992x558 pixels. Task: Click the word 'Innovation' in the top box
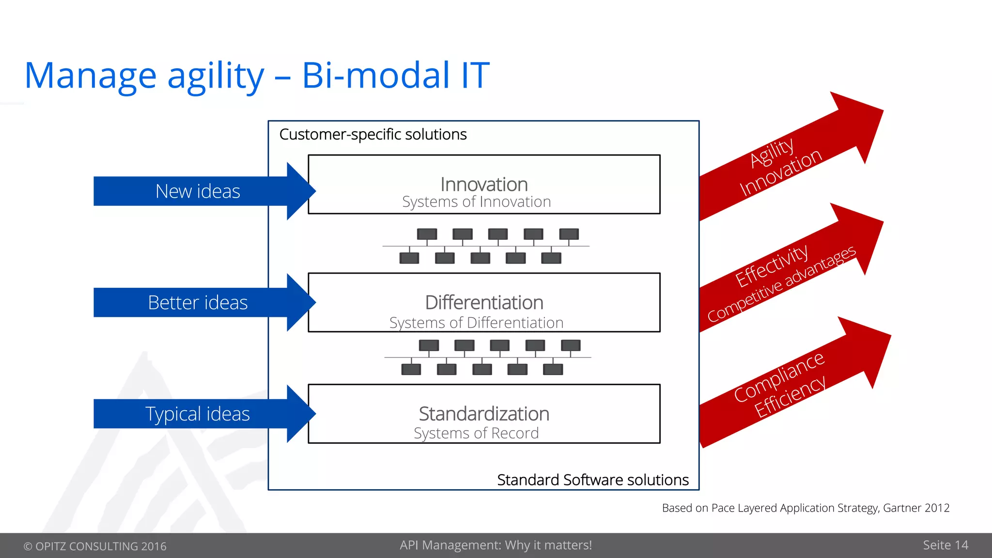[x=484, y=185]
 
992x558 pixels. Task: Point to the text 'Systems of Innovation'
[x=476, y=202]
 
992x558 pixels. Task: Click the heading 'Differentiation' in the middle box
[x=484, y=303]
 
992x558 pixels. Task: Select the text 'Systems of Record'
[x=476, y=433]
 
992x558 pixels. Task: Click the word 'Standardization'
[x=484, y=414]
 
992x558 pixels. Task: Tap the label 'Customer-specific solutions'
[x=373, y=134]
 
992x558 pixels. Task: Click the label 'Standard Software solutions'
[x=592, y=480]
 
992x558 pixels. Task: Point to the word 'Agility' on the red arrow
[x=772, y=152]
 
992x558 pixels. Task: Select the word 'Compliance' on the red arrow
[x=778, y=377]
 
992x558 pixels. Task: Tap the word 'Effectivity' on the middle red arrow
[x=771, y=265]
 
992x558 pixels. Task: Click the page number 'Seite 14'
[x=945, y=545]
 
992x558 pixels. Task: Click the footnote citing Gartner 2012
[x=805, y=508]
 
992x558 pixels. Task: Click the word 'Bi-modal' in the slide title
[x=375, y=76]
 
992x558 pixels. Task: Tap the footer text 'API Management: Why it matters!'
[x=496, y=545]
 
